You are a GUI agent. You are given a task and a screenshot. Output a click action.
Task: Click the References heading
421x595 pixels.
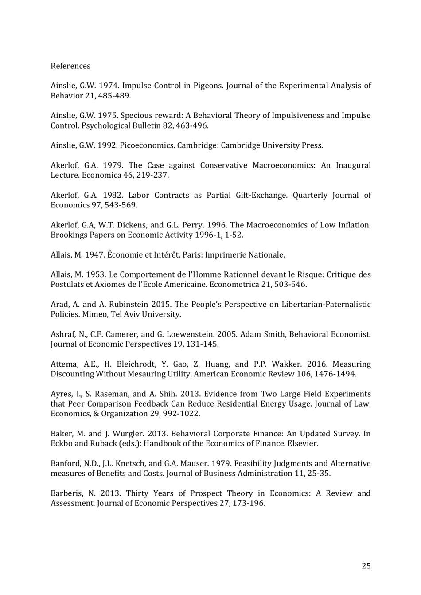coord(70,66)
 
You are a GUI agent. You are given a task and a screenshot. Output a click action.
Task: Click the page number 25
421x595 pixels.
coord(366,566)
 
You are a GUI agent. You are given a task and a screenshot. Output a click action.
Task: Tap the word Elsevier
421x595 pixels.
coord(302,443)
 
